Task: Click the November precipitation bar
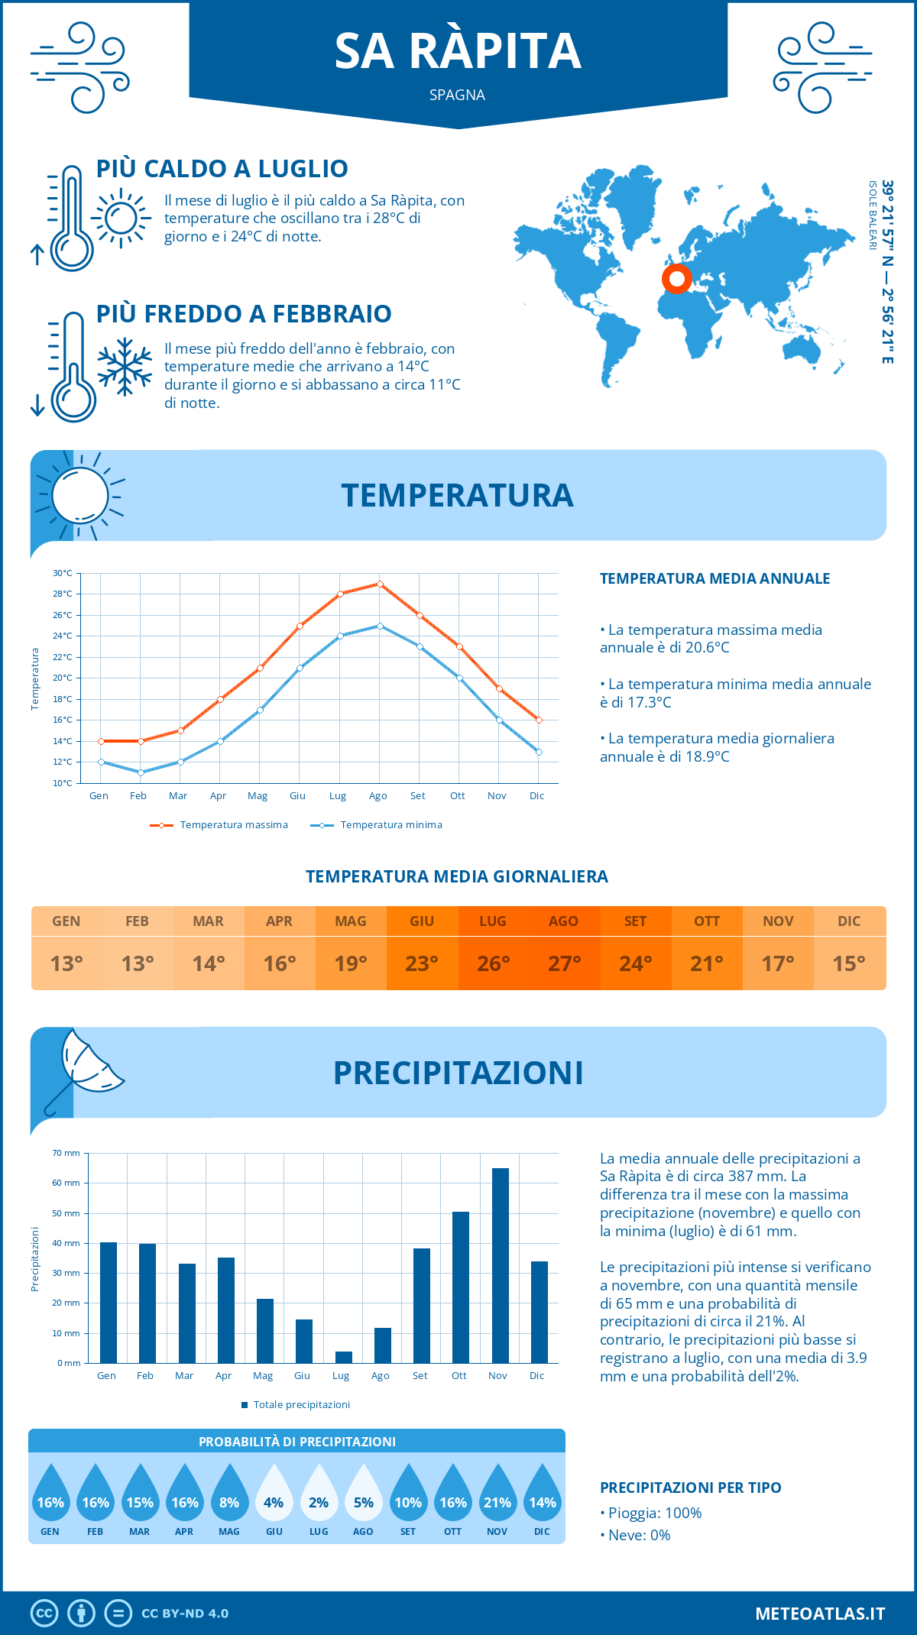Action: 500,1265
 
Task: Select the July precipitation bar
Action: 343,1357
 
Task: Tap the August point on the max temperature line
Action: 380,584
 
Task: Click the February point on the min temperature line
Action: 141,772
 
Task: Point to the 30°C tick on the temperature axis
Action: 63,573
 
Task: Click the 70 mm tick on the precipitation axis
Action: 66,1153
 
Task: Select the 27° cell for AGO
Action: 564,963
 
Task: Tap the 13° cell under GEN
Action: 66,963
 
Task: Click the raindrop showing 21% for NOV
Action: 497,1494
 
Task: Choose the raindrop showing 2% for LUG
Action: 319,1494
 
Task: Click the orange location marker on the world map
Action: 676,279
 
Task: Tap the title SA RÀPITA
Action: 458,51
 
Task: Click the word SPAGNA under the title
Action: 457,95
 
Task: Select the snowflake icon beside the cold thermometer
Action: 125,367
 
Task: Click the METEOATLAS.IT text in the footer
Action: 820,1614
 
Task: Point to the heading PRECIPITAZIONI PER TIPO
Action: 690,1488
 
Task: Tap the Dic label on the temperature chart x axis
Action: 536,795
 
